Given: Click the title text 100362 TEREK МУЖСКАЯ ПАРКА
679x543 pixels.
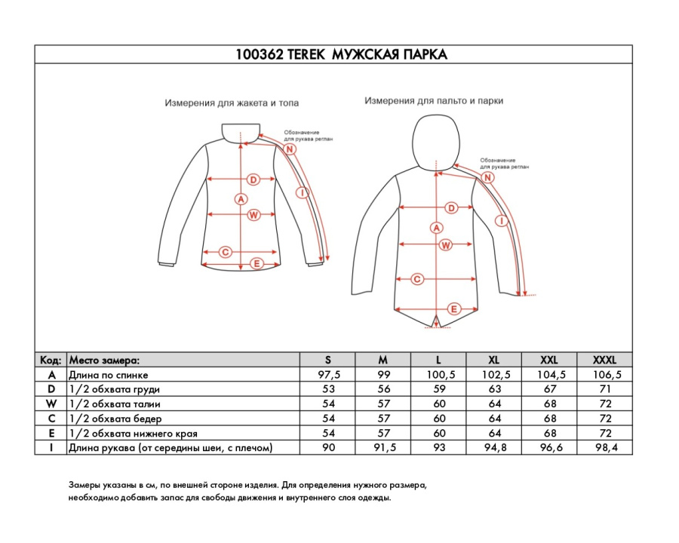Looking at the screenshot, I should (x=341, y=55).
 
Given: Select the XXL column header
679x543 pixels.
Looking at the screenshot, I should (x=549, y=360).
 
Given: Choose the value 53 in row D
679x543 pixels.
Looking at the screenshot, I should (x=328, y=389).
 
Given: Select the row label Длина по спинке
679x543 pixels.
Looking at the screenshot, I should (x=109, y=375).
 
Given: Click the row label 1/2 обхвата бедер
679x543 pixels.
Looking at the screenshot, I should (x=115, y=419).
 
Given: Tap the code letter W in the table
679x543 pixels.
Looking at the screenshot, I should (x=51, y=404).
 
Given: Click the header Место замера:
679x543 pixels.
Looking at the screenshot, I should (x=104, y=360).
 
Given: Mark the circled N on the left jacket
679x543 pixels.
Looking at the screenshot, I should (x=290, y=149).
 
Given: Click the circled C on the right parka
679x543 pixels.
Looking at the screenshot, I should (x=416, y=280).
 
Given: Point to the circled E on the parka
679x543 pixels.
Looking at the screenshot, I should (x=454, y=308).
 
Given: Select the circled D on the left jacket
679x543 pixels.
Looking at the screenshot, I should (x=253, y=179).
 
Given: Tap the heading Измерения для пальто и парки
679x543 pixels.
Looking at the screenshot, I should (x=434, y=100).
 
